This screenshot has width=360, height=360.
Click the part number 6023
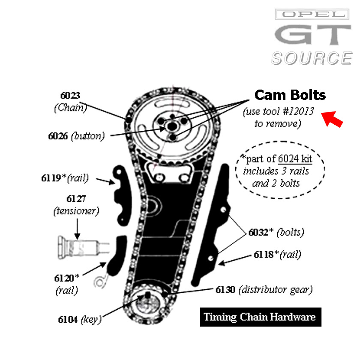[x=70, y=95]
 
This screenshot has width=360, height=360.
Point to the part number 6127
[x=76, y=199]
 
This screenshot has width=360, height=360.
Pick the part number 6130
[x=225, y=290]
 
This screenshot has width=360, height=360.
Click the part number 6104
[x=68, y=319]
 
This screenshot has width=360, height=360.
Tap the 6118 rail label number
[x=263, y=255]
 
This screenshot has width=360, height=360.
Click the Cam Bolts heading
[x=290, y=95]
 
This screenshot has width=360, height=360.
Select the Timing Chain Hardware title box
[x=260, y=317]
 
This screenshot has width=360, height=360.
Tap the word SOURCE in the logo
[x=312, y=58]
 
